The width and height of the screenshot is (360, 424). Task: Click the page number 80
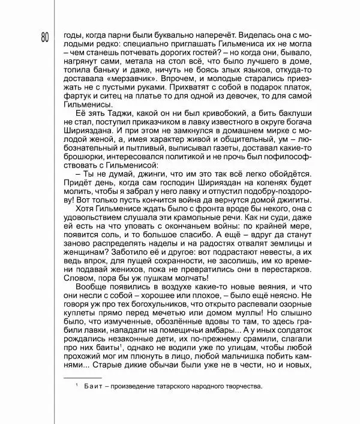[45, 37]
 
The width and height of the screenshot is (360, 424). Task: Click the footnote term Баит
[91, 387]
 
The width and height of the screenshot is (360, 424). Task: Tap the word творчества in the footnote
[242, 387]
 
